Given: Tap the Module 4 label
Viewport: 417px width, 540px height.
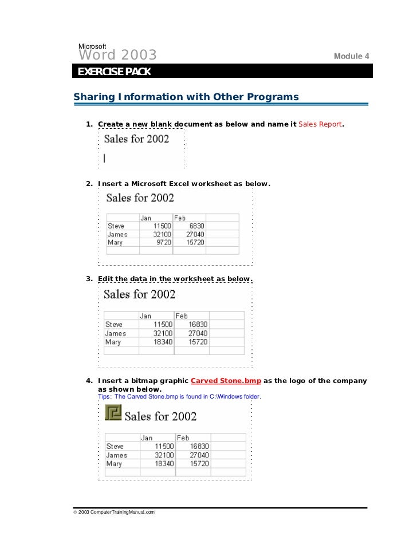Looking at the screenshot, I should click(x=352, y=56).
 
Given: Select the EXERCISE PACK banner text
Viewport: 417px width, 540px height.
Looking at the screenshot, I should click(x=114, y=72).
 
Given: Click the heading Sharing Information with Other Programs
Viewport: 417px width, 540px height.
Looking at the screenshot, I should click(x=186, y=97).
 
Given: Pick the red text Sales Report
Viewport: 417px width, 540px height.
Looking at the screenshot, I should click(x=320, y=124).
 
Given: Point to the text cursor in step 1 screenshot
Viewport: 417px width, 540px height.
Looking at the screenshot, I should click(x=105, y=159).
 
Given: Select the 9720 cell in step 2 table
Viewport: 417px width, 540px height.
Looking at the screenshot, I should click(x=163, y=243).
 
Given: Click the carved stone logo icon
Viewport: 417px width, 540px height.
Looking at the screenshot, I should click(x=113, y=412).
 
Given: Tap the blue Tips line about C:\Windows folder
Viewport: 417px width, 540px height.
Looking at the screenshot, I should click(x=179, y=396).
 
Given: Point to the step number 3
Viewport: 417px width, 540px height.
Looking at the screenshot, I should click(x=89, y=279).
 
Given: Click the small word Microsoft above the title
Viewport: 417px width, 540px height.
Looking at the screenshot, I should click(x=92, y=46).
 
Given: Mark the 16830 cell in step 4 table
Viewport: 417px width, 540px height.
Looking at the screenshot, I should click(x=199, y=447).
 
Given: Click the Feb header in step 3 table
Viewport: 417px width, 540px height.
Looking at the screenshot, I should click(x=182, y=316).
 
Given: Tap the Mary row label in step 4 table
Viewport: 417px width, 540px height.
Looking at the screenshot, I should click(x=114, y=464).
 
